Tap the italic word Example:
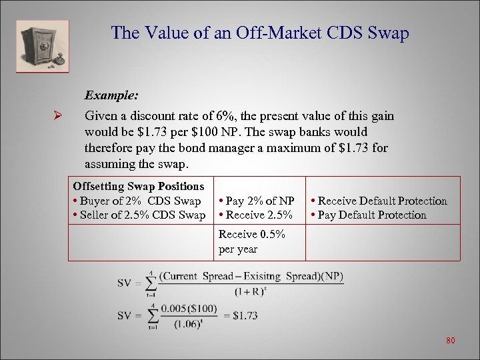point(111,95)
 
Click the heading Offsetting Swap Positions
point(139,186)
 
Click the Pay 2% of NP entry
point(257,201)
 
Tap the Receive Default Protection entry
point(379,201)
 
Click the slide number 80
point(450,341)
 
